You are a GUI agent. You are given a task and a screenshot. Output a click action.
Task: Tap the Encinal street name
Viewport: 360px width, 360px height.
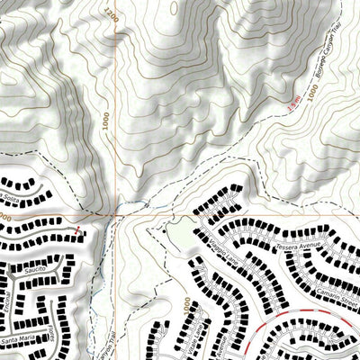[x=6, y=301]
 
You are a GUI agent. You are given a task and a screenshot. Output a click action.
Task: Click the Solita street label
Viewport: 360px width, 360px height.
[x=10, y=198]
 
